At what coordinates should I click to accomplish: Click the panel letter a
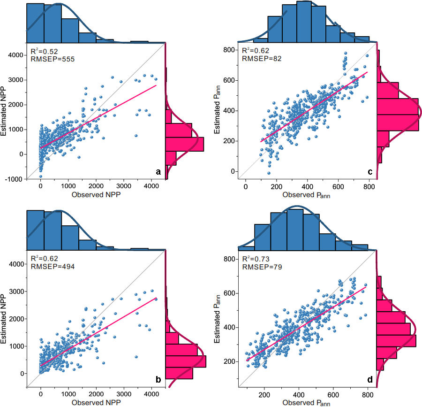pos(158,173)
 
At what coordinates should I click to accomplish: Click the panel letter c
pos(370,172)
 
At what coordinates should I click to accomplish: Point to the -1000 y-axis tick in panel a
pos(15,179)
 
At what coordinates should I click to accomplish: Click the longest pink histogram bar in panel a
pos(185,144)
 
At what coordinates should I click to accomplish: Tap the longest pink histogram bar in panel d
pos(396,341)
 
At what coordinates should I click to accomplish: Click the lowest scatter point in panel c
pos(269,173)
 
